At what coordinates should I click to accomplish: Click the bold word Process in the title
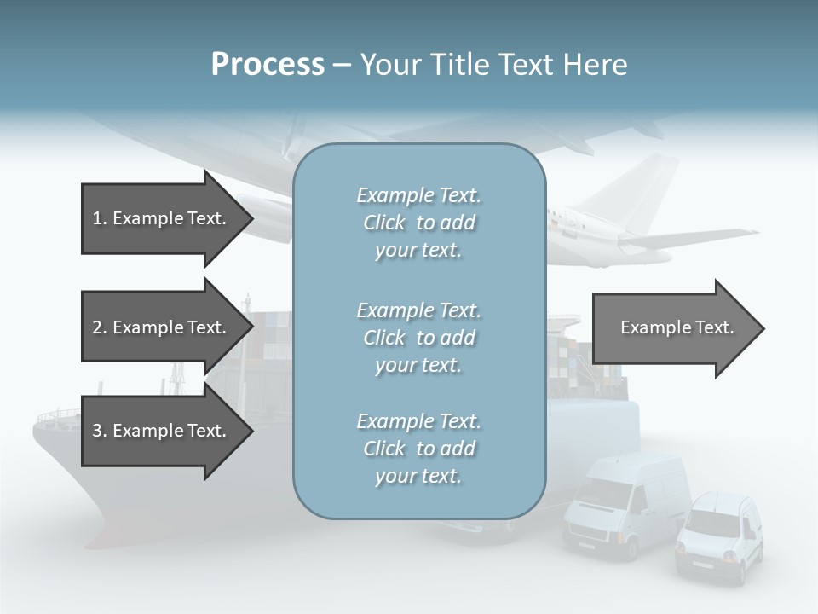coord(268,65)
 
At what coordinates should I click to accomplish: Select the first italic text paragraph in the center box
coord(418,223)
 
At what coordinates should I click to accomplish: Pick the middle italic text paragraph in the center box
coord(418,338)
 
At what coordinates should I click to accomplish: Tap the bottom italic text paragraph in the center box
coord(418,449)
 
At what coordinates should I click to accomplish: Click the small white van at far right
coord(720,537)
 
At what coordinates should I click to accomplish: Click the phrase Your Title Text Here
coord(493,65)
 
